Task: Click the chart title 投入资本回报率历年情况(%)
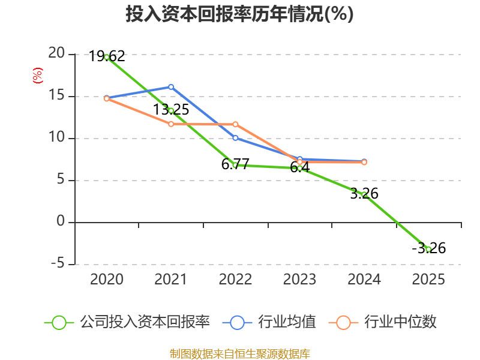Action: point(239,14)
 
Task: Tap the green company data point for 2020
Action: point(107,57)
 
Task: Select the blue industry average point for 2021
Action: point(171,87)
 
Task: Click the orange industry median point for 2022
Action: point(235,124)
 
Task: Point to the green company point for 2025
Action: point(428,249)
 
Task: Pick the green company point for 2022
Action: point(235,164)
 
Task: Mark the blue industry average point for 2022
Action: point(235,138)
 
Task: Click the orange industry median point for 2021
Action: point(171,124)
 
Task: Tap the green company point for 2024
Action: point(364,194)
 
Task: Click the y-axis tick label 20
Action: point(56,53)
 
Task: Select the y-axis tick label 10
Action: point(56,137)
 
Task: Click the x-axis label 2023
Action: point(299,280)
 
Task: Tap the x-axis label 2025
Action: point(428,280)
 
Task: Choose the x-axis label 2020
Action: point(107,280)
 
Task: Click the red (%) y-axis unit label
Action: point(38,76)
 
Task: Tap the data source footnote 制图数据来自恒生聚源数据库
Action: point(239,353)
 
